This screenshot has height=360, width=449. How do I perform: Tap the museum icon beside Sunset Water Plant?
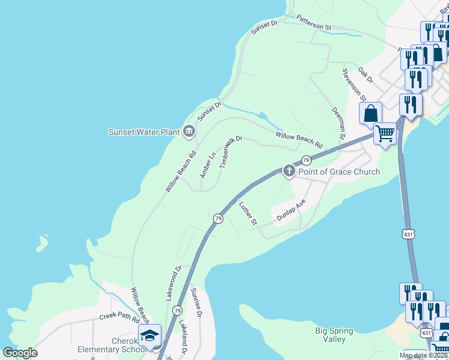point(188,131)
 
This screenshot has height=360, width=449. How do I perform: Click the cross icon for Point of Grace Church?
point(289,172)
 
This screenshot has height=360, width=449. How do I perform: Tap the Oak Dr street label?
point(366,75)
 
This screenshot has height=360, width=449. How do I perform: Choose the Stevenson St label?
point(354,83)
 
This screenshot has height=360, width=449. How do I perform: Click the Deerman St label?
point(339,124)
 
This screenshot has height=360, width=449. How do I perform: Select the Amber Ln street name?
point(208,164)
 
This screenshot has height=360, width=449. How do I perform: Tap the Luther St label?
point(247,214)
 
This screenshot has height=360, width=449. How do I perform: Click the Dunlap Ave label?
point(292,211)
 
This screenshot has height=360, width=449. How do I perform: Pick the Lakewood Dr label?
point(173,284)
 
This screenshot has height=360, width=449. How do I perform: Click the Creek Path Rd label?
point(119,315)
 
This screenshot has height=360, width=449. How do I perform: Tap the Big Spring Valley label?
point(334,335)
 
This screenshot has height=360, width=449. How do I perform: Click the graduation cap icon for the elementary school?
point(149,335)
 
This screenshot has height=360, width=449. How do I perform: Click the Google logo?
point(20,353)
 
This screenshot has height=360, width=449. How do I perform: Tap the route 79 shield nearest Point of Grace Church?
point(306,160)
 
